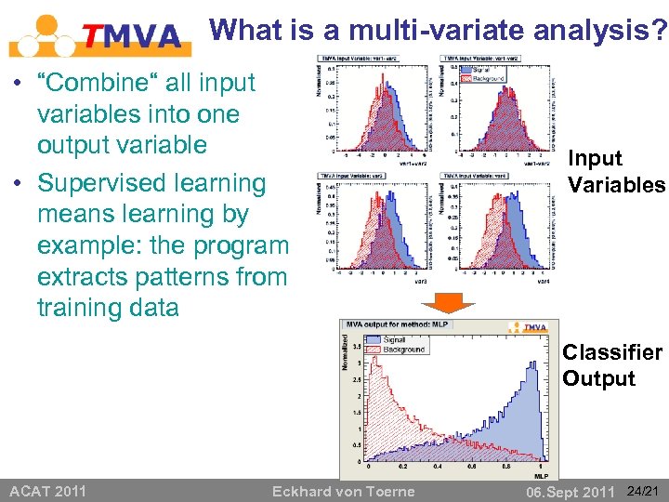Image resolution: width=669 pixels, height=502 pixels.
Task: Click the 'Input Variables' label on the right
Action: click(x=616, y=172)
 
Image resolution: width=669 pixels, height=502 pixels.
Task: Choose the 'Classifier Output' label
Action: click(x=611, y=365)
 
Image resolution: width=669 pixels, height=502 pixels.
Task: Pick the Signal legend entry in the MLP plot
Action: click(x=394, y=340)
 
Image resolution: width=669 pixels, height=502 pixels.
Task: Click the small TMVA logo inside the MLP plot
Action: click(x=532, y=327)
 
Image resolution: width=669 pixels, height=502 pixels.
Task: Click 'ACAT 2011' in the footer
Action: click(x=47, y=491)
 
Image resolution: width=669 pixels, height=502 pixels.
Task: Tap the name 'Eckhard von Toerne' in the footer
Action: click(x=343, y=491)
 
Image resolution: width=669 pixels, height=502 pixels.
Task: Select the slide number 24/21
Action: click(x=644, y=490)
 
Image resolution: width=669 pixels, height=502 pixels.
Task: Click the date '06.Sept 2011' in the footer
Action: click(x=571, y=491)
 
